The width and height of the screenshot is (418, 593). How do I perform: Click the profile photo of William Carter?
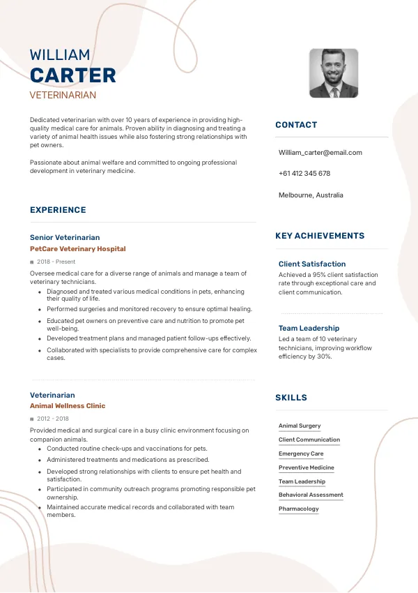(334, 73)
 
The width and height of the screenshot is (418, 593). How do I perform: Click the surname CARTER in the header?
(73, 75)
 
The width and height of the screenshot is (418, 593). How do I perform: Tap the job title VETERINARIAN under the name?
(63, 95)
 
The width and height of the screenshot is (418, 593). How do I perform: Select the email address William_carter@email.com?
(320, 153)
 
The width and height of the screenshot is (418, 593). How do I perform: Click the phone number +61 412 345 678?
(304, 174)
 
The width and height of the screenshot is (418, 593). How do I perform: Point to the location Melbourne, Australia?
(311, 195)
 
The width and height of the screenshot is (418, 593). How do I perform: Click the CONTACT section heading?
(296, 125)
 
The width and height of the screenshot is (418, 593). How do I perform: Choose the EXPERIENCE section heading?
(58, 210)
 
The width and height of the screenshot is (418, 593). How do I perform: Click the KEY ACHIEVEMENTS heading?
(320, 237)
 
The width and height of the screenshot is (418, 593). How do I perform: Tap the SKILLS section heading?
(291, 398)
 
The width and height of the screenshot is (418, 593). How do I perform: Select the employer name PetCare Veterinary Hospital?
(78, 249)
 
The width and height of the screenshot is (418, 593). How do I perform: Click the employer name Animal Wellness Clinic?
(68, 406)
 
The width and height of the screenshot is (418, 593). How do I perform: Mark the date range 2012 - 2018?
(53, 419)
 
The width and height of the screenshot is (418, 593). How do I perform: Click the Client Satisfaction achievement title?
(312, 264)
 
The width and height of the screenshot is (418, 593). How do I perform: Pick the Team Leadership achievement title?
(309, 329)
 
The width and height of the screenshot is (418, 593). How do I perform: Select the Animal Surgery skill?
(300, 426)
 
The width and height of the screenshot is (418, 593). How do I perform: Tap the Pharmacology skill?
(299, 509)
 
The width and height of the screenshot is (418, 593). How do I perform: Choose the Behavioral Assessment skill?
(311, 495)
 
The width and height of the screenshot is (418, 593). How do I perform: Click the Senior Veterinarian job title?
(65, 237)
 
